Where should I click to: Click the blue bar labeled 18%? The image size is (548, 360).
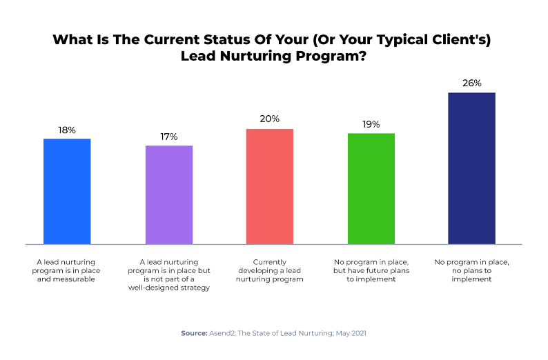pos(67,191)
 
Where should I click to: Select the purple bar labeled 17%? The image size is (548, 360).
pos(168,194)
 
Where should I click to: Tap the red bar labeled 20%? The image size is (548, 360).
pos(270,186)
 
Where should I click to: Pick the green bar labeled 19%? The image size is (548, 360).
pos(371,188)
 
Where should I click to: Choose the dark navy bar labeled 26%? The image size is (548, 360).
pos(472,168)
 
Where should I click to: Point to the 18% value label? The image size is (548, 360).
pos(67,129)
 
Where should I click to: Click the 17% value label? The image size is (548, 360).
pos(168,136)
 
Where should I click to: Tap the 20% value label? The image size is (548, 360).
pos(270,119)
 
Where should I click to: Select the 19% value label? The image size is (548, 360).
pos(371,123)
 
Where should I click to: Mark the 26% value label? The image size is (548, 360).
pos(472,83)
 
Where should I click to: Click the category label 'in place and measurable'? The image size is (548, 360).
pos(67,270)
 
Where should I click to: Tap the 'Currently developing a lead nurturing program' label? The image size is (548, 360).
pos(270,270)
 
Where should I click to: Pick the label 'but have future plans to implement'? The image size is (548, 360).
pos(371,270)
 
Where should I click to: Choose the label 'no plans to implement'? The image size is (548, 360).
pos(472,270)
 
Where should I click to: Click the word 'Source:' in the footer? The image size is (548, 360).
pos(194,333)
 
